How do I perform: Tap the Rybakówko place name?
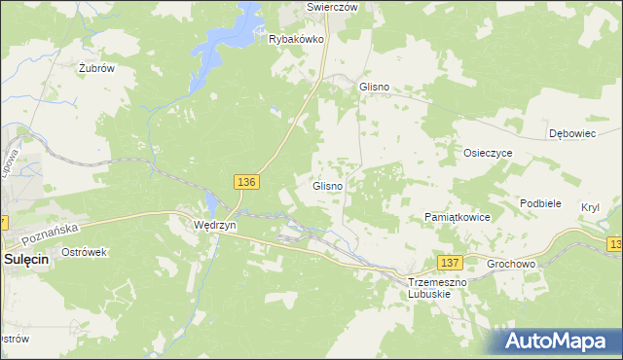(x=296, y=40)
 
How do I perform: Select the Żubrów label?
(x=97, y=69)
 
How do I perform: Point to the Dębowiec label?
(x=572, y=133)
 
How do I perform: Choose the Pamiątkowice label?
(x=458, y=217)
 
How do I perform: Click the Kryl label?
(x=590, y=207)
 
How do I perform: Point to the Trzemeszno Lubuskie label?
(x=438, y=287)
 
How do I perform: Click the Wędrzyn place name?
(x=214, y=225)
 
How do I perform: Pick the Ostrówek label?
(x=83, y=252)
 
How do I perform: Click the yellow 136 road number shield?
(x=246, y=182)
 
